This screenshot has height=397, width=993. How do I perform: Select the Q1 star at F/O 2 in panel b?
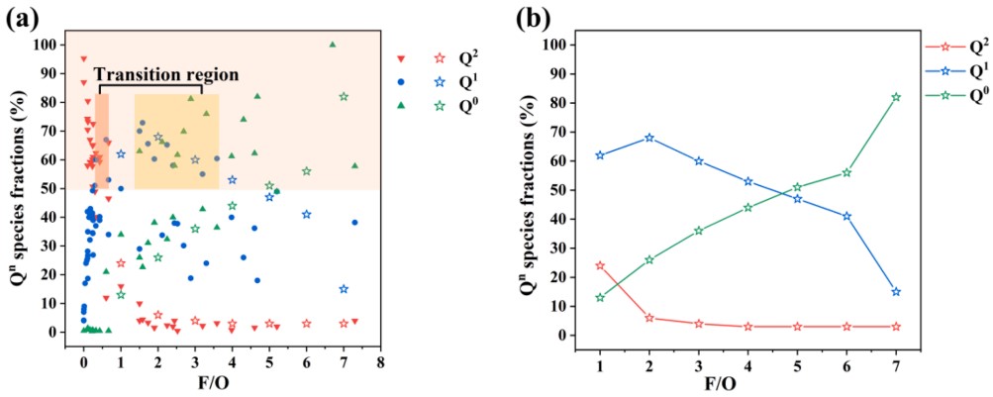(x=649, y=138)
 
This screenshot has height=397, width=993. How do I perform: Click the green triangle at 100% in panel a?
(x=333, y=44)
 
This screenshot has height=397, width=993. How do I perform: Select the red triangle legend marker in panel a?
(x=399, y=58)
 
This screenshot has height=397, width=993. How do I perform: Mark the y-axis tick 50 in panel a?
(x=50, y=188)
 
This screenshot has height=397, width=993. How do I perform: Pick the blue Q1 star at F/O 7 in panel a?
(x=344, y=289)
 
